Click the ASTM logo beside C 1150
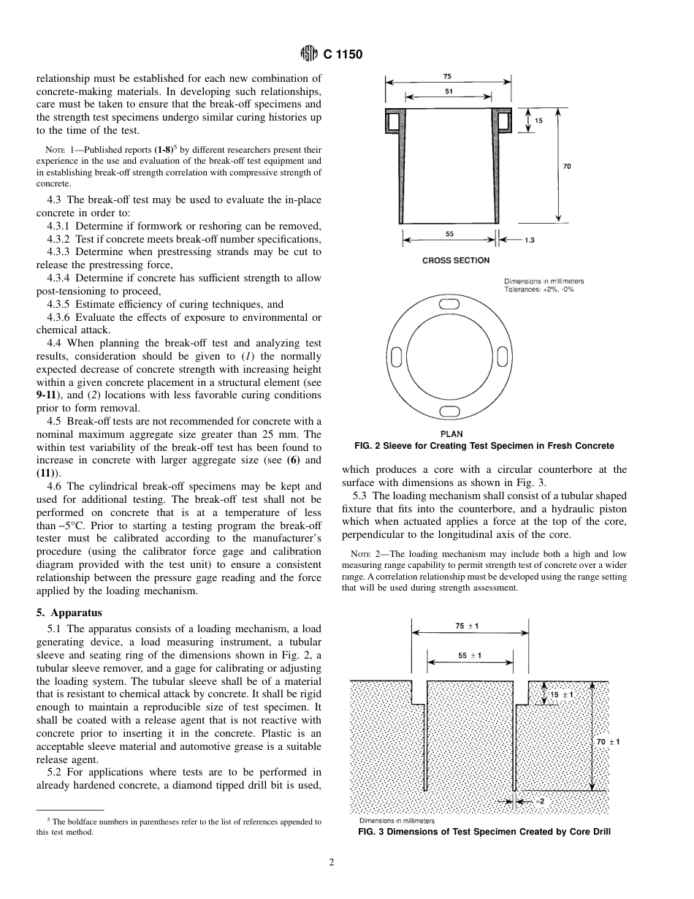click(308, 54)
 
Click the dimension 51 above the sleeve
click(447, 91)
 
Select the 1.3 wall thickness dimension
click(530, 240)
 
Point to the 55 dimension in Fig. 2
click(449, 233)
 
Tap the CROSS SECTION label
click(456, 260)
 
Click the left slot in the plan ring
click(397, 356)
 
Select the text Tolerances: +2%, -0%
click(539, 289)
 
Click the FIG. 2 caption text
click(478, 446)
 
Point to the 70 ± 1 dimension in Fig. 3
click(608, 741)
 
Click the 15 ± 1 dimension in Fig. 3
click(561, 694)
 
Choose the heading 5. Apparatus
click(69, 612)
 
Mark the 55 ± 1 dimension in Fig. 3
click(470, 655)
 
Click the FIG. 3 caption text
click(484, 832)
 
